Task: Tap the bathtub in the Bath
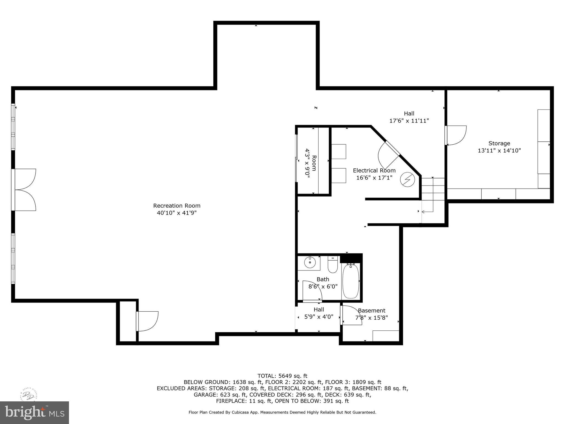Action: [x=351, y=281]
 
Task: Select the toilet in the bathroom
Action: [x=332, y=265]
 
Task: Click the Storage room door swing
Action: [x=456, y=135]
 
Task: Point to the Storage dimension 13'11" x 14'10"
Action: [x=499, y=150]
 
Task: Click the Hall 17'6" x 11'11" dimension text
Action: [x=409, y=121]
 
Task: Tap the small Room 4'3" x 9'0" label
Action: [x=310, y=163]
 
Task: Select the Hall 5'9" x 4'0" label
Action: [x=319, y=313]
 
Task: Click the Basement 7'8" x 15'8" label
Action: [x=371, y=314]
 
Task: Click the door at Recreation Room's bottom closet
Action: [x=147, y=321]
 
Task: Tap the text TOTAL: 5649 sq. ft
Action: [x=282, y=376]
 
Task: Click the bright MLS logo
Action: [x=34, y=412]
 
